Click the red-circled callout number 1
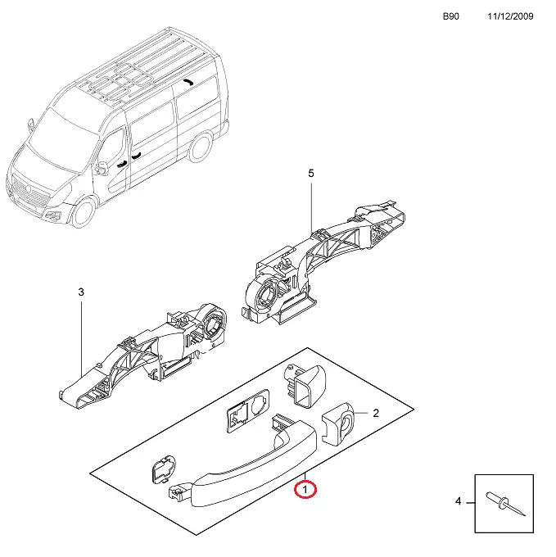(305, 490)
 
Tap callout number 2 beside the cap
(376, 413)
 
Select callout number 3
(81, 292)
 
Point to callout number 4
(459, 501)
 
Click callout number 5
(311, 174)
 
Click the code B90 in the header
(451, 16)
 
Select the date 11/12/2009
(510, 16)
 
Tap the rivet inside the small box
(505, 503)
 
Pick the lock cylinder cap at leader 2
(338, 424)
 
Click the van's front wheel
(84, 212)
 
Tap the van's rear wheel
(200, 147)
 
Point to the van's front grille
(29, 192)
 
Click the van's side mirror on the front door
(101, 169)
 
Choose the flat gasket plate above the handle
(248, 410)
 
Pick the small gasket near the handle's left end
(164, 469)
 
